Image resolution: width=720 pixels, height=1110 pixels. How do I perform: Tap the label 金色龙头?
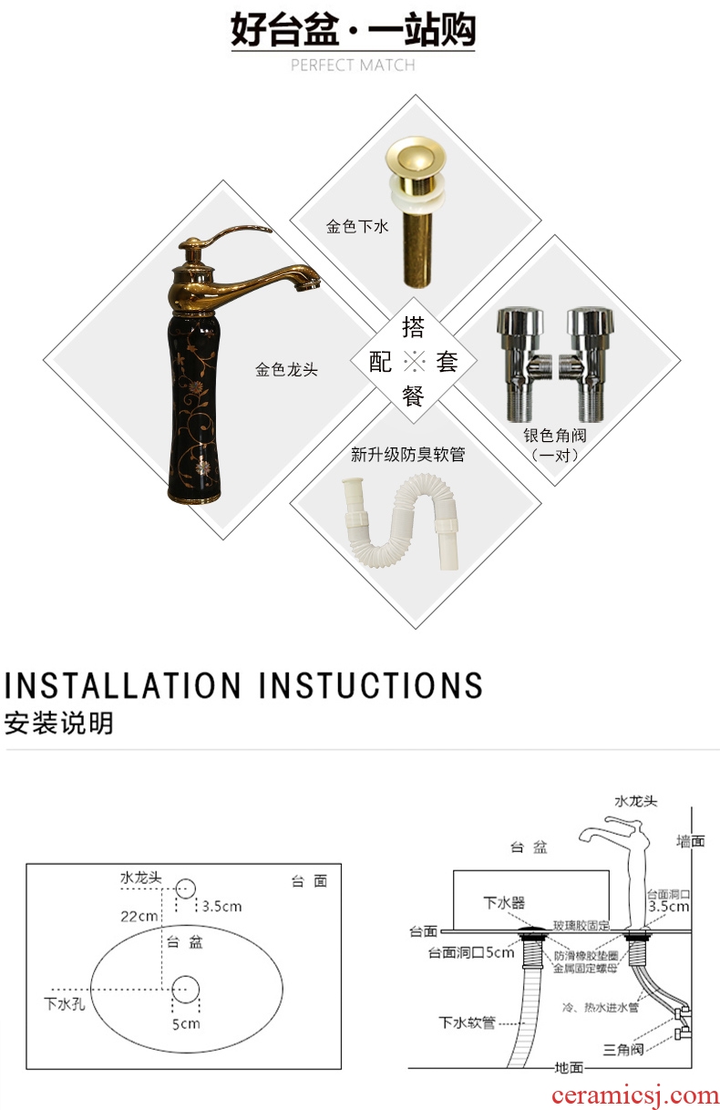point(286,370)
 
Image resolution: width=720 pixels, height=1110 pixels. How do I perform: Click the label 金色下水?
point(356,227)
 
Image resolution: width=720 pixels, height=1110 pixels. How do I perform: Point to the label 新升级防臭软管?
point(407,455)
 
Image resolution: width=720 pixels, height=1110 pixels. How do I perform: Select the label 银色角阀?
point(555,436)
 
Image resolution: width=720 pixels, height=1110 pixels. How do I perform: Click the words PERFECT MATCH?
point(353,65)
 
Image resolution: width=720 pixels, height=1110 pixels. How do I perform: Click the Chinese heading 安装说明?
point(59,724)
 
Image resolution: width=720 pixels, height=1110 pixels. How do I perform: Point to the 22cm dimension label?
point(139,917)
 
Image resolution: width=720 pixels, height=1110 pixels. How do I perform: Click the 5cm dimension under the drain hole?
point(186,1023)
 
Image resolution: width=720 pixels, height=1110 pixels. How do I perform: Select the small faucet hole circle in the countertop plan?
point(185,889)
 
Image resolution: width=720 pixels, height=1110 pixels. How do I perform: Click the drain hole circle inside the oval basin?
point(186,989)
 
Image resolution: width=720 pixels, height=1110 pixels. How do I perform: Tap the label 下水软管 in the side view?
point(467,1023)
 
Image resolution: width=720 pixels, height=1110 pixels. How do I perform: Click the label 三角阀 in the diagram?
point(623,1050)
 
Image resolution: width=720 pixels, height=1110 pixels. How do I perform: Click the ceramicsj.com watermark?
point(634,1095)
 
